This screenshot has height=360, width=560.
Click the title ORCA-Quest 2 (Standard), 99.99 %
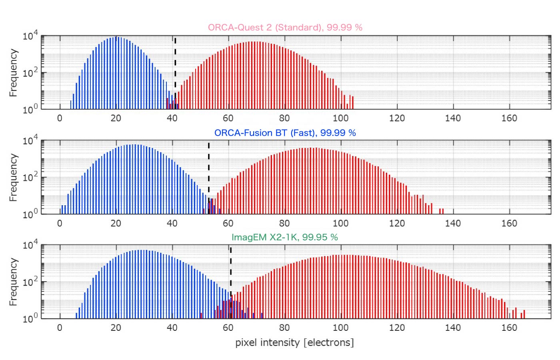[285, 27]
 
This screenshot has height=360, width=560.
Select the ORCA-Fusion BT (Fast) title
[285, 133]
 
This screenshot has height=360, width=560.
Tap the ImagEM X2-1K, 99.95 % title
[284, 237]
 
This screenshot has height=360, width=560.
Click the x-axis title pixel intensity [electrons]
[294, 343]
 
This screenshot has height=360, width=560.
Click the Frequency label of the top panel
[13, 73]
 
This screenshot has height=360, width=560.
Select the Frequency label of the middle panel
[13, 178]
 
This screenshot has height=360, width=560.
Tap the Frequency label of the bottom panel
[13, 282]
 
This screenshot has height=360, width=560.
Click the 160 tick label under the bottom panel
[509, 328]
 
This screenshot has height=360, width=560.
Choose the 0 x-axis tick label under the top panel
[60, 118]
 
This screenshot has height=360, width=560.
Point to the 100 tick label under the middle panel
[340, 223]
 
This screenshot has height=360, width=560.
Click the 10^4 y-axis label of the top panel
[30, 36]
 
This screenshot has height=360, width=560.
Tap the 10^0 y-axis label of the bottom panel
[30, 318]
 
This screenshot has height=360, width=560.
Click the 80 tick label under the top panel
[284, 118]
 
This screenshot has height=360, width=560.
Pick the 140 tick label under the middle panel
[453, 223]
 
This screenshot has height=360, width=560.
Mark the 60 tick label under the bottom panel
[228, 328]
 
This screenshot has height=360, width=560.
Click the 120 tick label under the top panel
[397, 118]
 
